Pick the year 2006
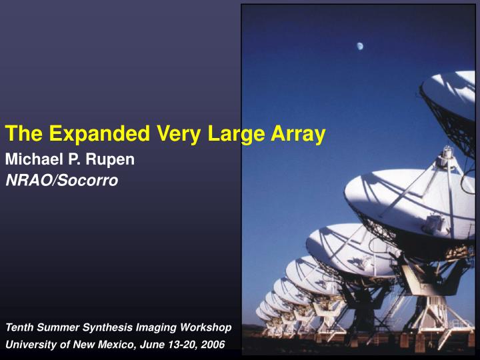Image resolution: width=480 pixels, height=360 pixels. coord(212,344)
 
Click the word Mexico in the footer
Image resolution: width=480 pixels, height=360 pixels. coord(117,344)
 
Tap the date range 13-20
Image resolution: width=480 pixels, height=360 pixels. coord(180,344)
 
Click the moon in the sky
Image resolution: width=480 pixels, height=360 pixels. coord(359,46)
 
